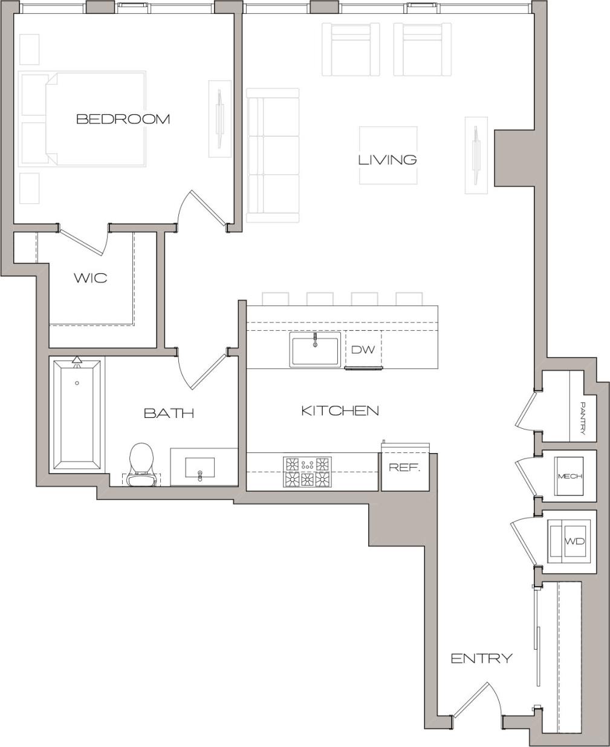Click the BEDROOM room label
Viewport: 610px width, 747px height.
(x=123, y=119)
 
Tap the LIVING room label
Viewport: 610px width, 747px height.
(x=388, y=160)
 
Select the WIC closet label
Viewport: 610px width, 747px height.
(x=91, y=278)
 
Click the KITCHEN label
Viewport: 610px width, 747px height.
(x=340, y=411)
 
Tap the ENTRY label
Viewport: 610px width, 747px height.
(x=482, y=658)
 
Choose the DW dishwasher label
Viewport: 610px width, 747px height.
(x=363, y=350)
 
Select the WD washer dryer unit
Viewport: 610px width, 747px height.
(x=571, y=541)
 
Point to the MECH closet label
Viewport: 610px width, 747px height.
(x=569, y=476)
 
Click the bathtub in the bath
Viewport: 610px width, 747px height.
(x=77, y=415)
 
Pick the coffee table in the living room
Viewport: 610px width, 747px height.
(x=388, y=155)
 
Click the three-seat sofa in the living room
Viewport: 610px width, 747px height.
(x=273, y=155)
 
